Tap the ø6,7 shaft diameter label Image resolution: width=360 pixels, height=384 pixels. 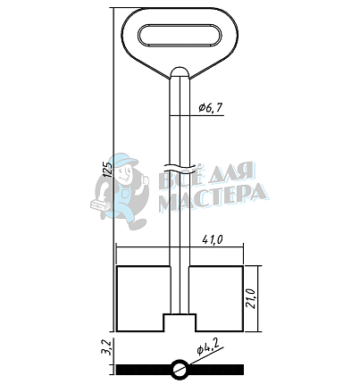coord(211,108)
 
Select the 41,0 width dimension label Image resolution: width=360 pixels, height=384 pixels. coord(213,239)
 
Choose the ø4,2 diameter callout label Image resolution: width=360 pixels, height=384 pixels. coord(207,346)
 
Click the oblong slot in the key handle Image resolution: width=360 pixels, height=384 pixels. coord(180,35)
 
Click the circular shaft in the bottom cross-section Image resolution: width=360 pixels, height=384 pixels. coord(180,370)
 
